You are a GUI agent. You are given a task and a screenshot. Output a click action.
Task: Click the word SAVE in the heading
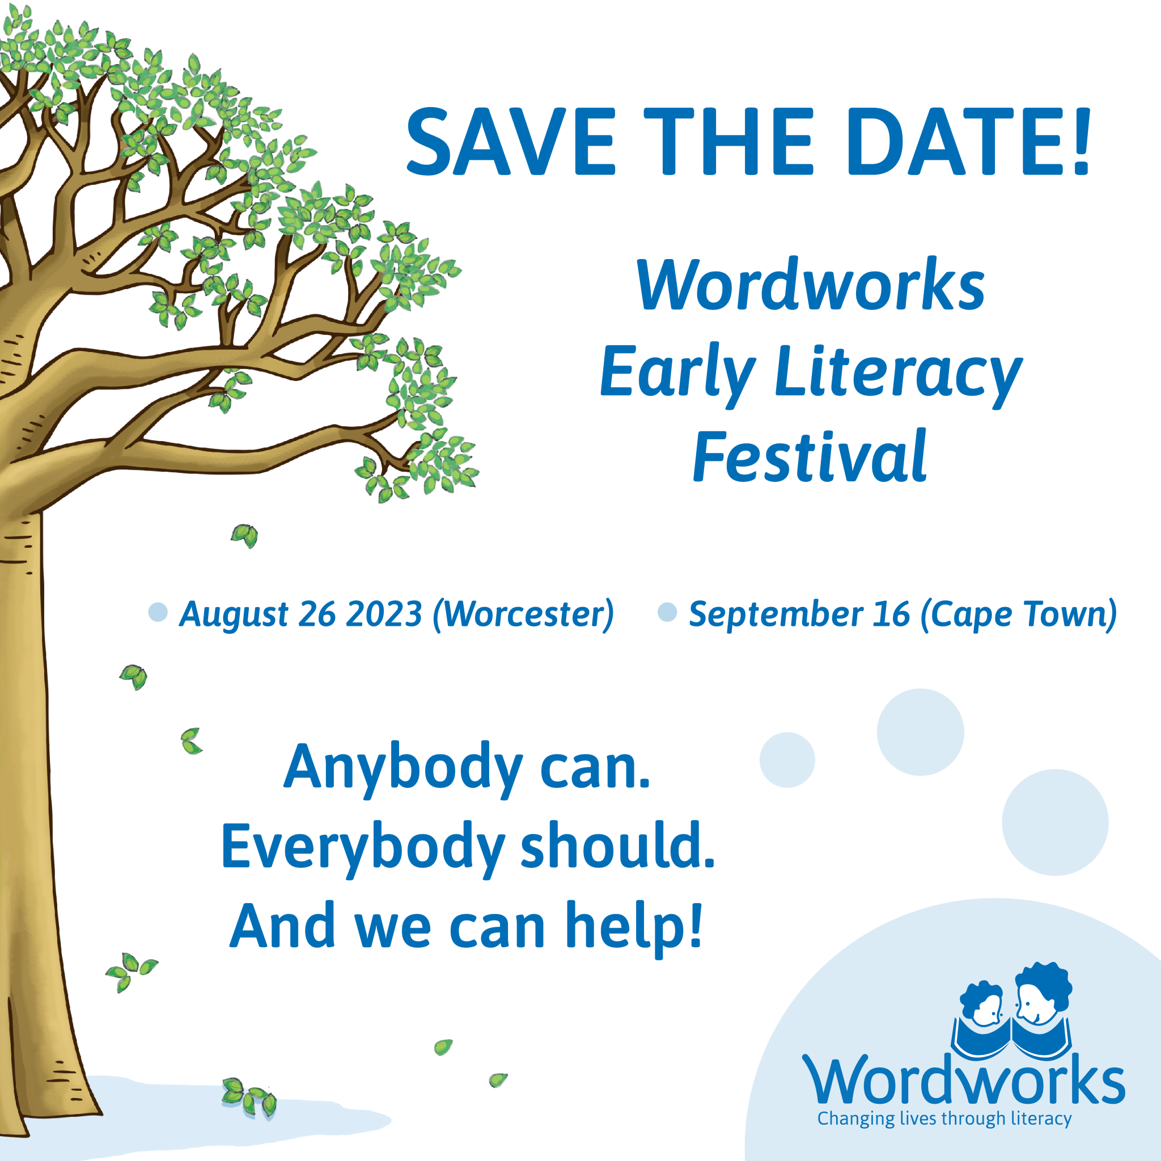[x=511, y=142]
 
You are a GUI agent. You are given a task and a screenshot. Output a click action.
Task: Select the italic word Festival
[x=810, y=457]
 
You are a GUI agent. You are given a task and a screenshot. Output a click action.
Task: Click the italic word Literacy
[x=900, y=372]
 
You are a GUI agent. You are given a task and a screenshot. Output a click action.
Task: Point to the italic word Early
[x=678, y=372]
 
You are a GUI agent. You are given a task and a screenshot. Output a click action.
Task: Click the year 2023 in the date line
[x=385, y=614]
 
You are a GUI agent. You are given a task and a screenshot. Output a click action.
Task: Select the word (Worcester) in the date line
[x=523, y=615]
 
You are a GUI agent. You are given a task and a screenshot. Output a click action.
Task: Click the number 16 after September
[x=892, y=614]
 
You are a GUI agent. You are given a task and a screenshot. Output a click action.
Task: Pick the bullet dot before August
[x=158, y=612]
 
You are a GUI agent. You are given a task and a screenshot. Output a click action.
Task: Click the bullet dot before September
[x=668, y=612]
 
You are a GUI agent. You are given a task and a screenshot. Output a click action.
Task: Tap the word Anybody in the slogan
[x=403, y=770]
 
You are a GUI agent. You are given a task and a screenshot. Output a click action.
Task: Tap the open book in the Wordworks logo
[x=1011, y=1040]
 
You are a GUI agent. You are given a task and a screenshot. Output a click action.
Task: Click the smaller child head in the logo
[x=981, y=1004]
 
